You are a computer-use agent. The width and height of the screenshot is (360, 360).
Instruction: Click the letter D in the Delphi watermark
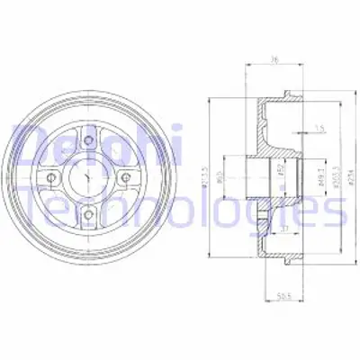pos(26,144)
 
